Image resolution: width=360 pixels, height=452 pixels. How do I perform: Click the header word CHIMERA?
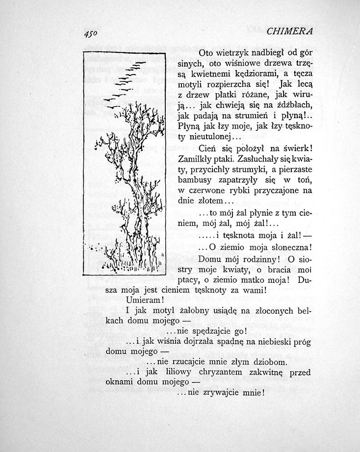pos(289,31)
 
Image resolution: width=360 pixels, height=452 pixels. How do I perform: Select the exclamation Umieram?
pos(144,299)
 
